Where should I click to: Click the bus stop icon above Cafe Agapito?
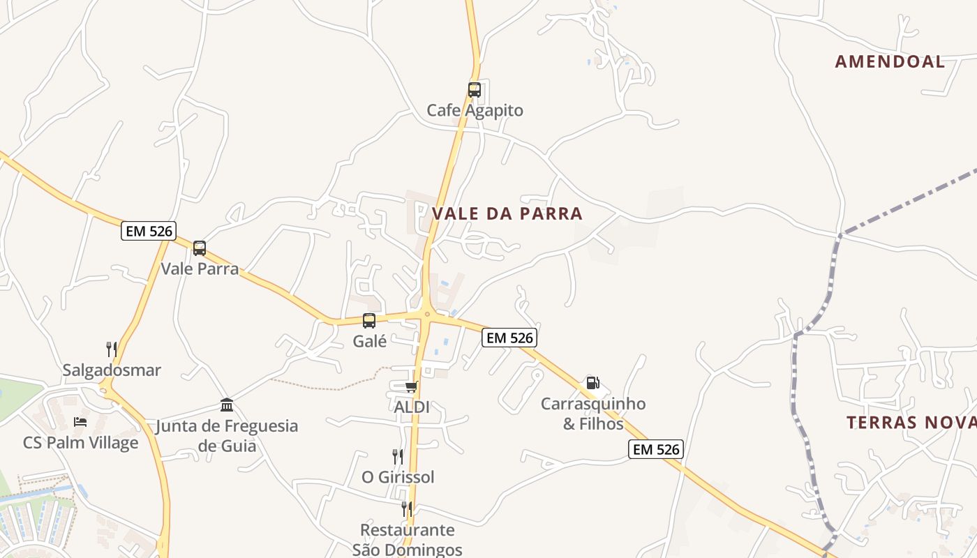pyautogui.click(x=475, y=90)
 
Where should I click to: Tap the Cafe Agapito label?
pyautogui.click(x=475, y=110)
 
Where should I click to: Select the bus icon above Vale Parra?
pyautogui.click(x=200, y=248)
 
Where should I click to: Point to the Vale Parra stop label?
pyautogui.click(x=200, y=269)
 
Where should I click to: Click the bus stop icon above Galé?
pyautogui.click(x=369, y=321)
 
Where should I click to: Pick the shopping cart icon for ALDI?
pyautogui.click(x=411, y=386)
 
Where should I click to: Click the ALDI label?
pyautogui.click(x=412, y=407)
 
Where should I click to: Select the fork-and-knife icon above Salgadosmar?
pyautogui.click(x=112, y=349)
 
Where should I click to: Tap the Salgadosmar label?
pyautogui.click(x=112, y=370)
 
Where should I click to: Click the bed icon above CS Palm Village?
pyautogui.click(x=80, y=422)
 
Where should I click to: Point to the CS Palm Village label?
pyautogui.click(x=80, y=443)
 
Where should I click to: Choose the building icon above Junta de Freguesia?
pyautogui.click(x=227, y=405)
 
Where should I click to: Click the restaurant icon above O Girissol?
pyautogui.click(x=398, y=457)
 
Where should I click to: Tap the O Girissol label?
pyautogui.click(x=398, y=477)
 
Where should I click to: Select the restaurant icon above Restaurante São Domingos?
pyautogui.click(x=407, y=509)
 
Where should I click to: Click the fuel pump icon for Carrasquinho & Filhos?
pyautogui.click(x=592, y=383)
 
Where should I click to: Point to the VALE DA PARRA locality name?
pyautogui.click(x=507, y=213)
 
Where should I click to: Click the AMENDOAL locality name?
pyautogui.click(x=890, y=61)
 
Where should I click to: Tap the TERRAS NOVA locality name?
pyautogui.click(x=911, y=422)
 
